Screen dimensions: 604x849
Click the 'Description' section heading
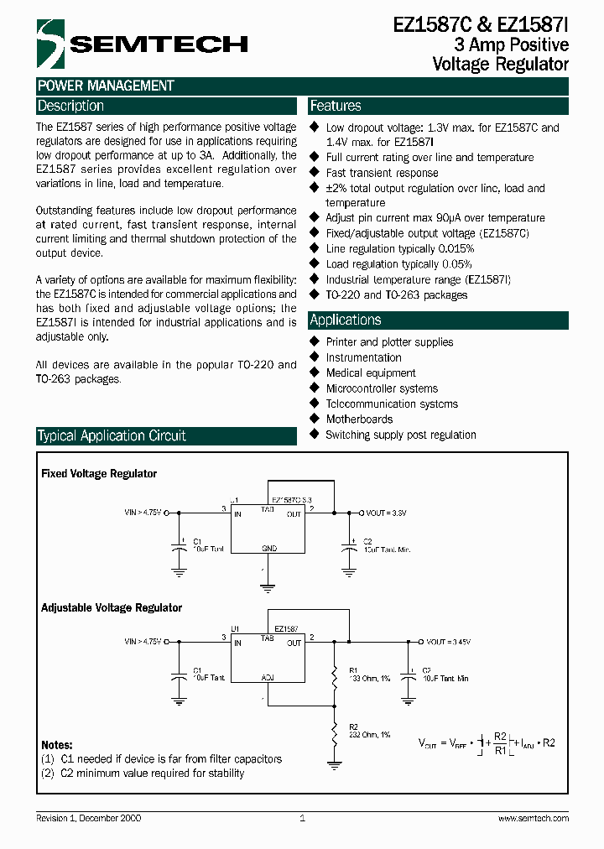(x=71, y=107)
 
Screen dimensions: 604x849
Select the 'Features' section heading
(x=336, y=107)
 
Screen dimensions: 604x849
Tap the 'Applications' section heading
(x=346, y=320)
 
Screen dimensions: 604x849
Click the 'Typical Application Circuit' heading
(x=112, y=436)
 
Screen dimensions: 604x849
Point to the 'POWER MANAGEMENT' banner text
(x=106, y=86)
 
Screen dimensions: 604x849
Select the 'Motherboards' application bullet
(x=359, y=419)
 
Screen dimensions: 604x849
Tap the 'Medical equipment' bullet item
(x=371, y=373)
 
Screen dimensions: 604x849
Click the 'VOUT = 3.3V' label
(x=387, y=513)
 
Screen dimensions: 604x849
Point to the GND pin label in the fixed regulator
(x=268, y=548)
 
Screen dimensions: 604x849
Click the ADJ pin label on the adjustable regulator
(x=268, y=676)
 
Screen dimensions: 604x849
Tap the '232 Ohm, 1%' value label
(x=370, y=734)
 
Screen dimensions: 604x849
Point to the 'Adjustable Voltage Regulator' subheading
(x=112, y=607)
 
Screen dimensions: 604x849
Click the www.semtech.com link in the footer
(x=534, y=819)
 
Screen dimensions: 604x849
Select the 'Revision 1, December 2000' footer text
(x=89, y=819)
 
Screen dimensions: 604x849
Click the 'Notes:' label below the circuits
(x=57, y=745)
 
